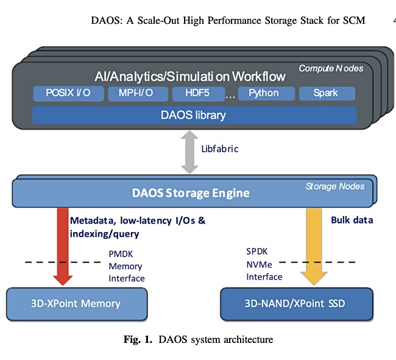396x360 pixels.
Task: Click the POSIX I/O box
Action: point(68,93)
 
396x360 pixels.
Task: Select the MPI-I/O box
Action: point(138,94)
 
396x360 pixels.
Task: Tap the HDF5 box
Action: point(199,94)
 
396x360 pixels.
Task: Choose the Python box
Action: point(266,93)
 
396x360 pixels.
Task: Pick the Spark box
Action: point(327,93)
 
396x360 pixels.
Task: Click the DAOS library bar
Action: point(194,115)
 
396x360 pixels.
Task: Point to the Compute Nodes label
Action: point(331,68)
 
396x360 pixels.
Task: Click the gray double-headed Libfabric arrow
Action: point(189,152)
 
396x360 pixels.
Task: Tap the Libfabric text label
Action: point(220,149)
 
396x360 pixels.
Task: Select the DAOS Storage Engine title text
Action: point(191,193)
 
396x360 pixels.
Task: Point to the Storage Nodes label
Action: point(335,186)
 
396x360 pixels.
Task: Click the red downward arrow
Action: point(63,246)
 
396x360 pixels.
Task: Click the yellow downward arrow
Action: point(314,246)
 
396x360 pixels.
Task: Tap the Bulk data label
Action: point(352,220)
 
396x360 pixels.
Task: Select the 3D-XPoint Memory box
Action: point(77,304)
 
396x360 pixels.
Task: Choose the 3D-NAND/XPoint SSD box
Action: point(297,304)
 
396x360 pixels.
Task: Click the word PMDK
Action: point(121,254)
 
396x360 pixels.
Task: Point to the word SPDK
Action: point(257,252)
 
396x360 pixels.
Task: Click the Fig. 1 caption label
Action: point(138,339)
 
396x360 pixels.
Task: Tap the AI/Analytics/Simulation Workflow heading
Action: point(190,77)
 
